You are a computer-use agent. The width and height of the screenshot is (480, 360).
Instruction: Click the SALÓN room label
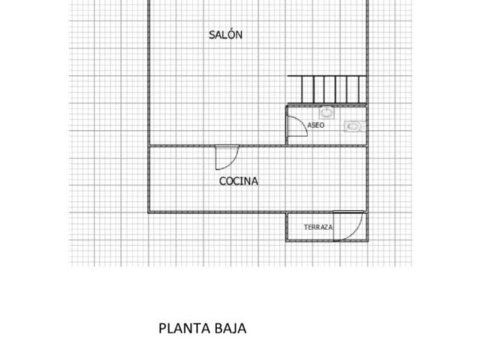[225, 35]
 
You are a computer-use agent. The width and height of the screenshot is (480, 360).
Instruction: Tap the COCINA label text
[239, 181]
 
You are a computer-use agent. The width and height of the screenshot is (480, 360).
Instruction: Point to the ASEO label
[316, 125]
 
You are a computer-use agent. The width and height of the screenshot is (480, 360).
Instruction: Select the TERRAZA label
[318, 227]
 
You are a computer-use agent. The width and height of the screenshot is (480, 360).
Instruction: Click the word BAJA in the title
[231, 329]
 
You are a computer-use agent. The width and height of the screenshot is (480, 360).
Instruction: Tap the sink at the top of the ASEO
[326, 111]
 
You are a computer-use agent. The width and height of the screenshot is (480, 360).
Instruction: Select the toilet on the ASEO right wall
[353, 126]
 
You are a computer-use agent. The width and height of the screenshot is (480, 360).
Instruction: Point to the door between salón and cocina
[227, 158]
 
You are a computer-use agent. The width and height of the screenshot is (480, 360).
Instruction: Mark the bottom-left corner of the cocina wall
[149, 212]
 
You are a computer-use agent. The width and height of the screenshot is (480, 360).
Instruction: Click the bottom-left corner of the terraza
[287, 241]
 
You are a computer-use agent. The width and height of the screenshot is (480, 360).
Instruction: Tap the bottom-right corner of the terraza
[367, 241]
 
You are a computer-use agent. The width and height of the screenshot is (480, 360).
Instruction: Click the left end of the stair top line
[288, 76]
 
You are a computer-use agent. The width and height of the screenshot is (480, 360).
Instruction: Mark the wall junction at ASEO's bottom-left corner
[286, 146]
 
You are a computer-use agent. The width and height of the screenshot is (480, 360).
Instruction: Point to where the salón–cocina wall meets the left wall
[149, 146]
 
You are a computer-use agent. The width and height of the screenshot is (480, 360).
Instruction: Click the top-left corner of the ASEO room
[287, 105]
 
